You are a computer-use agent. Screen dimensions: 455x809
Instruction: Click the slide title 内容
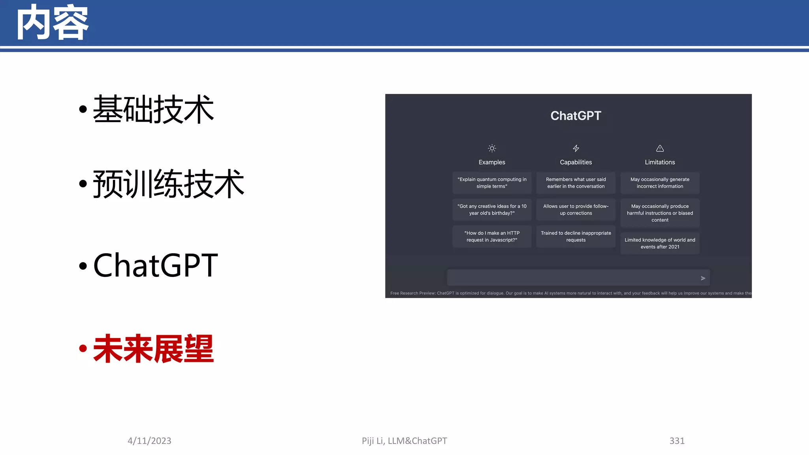[x=53, y=23]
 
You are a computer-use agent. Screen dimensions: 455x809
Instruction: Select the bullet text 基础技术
[x=153, y=109]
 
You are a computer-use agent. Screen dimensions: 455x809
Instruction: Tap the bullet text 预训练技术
[x=169, y=184]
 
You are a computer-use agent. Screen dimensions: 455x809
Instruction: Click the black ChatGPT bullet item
[x=155, y=265]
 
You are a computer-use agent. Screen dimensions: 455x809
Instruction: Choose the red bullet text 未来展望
[x=153, y=348]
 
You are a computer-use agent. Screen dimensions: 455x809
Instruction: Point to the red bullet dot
[x=83, y=348]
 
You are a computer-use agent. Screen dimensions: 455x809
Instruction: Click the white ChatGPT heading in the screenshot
[x=576, y=116]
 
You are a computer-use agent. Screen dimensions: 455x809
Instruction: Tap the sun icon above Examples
[x=492, y=149]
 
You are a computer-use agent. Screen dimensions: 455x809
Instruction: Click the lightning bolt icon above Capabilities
[x=576, y=149]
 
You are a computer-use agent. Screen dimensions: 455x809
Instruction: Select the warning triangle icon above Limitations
[x=660, y=149]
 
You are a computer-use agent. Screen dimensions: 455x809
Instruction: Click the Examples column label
[x=492, y=162]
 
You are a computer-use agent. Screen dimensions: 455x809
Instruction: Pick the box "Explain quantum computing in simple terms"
[x=492, y=183]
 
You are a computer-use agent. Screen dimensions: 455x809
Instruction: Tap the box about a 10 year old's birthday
[x=492, y=210]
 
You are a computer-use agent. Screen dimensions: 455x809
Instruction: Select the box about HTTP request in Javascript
[x=492, y=237]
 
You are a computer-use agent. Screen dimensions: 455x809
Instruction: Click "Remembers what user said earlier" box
[x=576, y=183]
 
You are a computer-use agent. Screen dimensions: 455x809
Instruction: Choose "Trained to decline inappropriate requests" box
[x=576, y=237]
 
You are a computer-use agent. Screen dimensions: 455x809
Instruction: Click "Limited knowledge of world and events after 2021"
[x=660, y=243]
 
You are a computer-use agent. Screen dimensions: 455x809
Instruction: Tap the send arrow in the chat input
[x=703, y=278]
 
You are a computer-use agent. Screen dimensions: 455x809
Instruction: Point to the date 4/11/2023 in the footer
[x=149, y=441]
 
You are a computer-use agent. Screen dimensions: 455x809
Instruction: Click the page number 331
[x=677, y=441]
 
